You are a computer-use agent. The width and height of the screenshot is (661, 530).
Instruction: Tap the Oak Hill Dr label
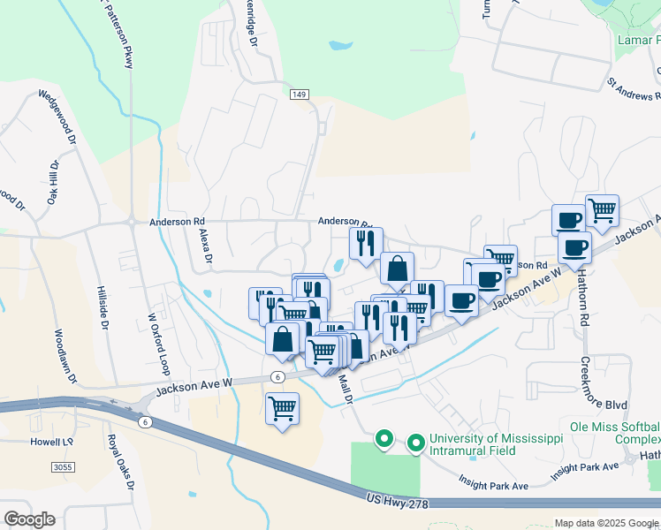pyautogui.click(x=53, y=181)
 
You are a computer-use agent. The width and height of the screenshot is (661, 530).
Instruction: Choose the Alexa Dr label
pyautogui.click(x=205, y=246)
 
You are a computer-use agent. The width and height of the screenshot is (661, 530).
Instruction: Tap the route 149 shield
pyautogui.click(x=299, y=93)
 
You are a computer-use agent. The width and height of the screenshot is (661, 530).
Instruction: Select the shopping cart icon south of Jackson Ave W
pyautogui.click(x=282, y=409)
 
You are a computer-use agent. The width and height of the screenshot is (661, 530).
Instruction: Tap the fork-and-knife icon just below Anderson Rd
pyautogui.click(x=366, y=243)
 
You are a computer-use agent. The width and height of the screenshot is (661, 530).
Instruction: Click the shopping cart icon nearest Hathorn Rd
pyautogui.click(x=602, y=211)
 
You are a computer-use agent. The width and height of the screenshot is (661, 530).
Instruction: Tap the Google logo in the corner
pyautogui.click(x=29, y=519)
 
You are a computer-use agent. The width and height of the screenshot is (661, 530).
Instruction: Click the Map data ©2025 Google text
pyautogui.click(x=605, y=523)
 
